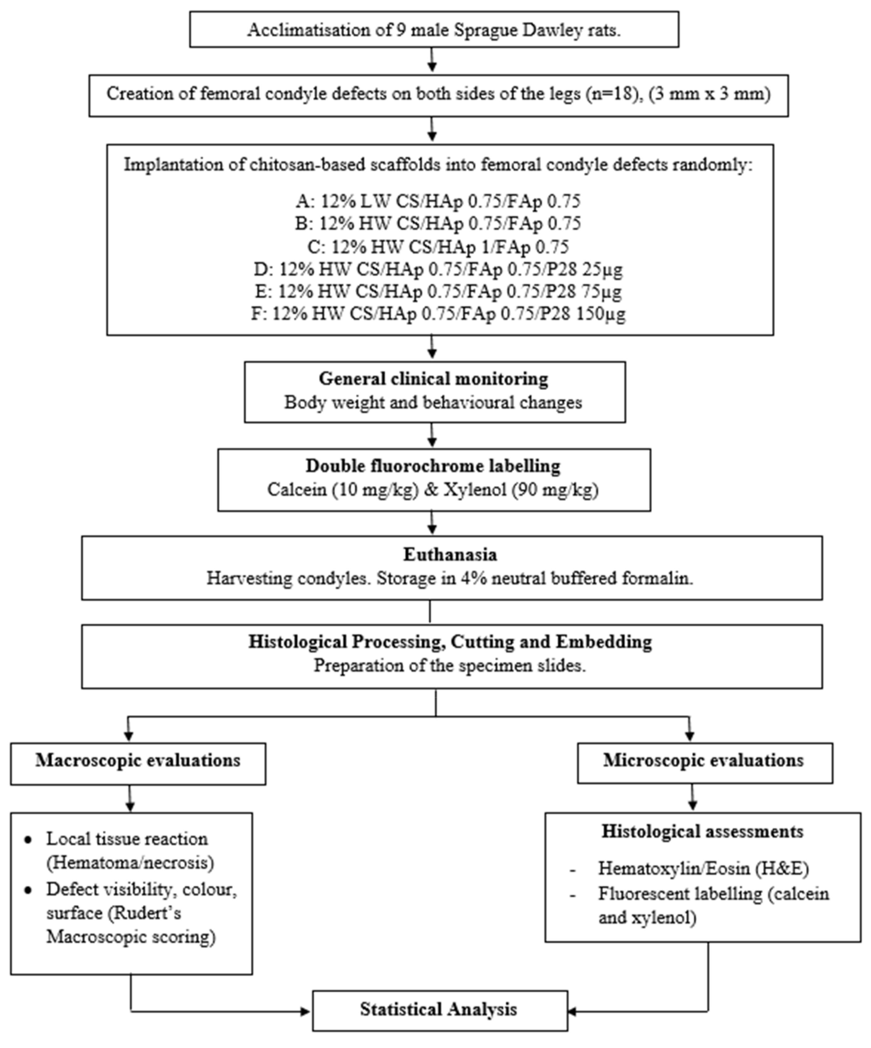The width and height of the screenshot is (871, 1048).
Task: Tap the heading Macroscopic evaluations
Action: pos(138,760)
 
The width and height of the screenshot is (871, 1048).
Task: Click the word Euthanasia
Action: pos(450,555)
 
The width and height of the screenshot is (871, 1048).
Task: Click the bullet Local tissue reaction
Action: pos(127,839)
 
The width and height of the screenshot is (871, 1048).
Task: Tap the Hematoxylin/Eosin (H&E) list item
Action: pos(703,868)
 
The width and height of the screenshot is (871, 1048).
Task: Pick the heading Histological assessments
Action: pos(702,831)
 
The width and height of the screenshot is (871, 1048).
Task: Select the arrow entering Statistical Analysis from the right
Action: pos(574,1012)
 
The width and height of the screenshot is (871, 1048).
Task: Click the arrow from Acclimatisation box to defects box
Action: pos(432,61)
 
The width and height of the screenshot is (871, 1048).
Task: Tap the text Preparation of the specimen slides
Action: pos(449,665)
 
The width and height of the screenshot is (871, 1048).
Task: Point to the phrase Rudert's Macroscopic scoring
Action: pos(131,925)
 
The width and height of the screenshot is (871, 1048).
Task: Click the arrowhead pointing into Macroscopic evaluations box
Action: pos(129,736)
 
